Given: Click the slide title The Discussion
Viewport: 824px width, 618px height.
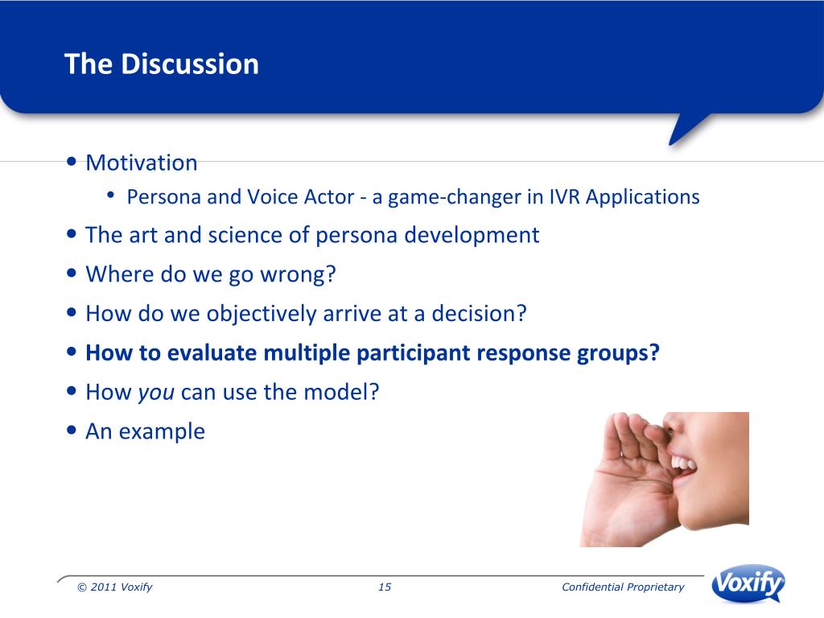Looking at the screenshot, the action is tap(161, 64).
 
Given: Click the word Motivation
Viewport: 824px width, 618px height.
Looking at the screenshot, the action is tap(142, 163).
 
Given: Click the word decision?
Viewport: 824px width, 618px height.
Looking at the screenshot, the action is tap(479, 314).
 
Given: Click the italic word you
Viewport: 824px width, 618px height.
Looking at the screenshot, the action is tap(156, 393).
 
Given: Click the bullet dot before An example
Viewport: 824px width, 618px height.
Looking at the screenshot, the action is tap(72, 431).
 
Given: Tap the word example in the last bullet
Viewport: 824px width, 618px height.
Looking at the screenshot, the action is tap(162, 432).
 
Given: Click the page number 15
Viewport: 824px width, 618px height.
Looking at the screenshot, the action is tap(385, 587).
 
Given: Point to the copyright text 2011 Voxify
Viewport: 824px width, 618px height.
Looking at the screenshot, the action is tap(121, 587).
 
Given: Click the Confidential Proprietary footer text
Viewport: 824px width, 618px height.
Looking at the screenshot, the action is tap(623, 587).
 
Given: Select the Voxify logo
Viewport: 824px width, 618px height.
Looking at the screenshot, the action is tap(748, 583).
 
